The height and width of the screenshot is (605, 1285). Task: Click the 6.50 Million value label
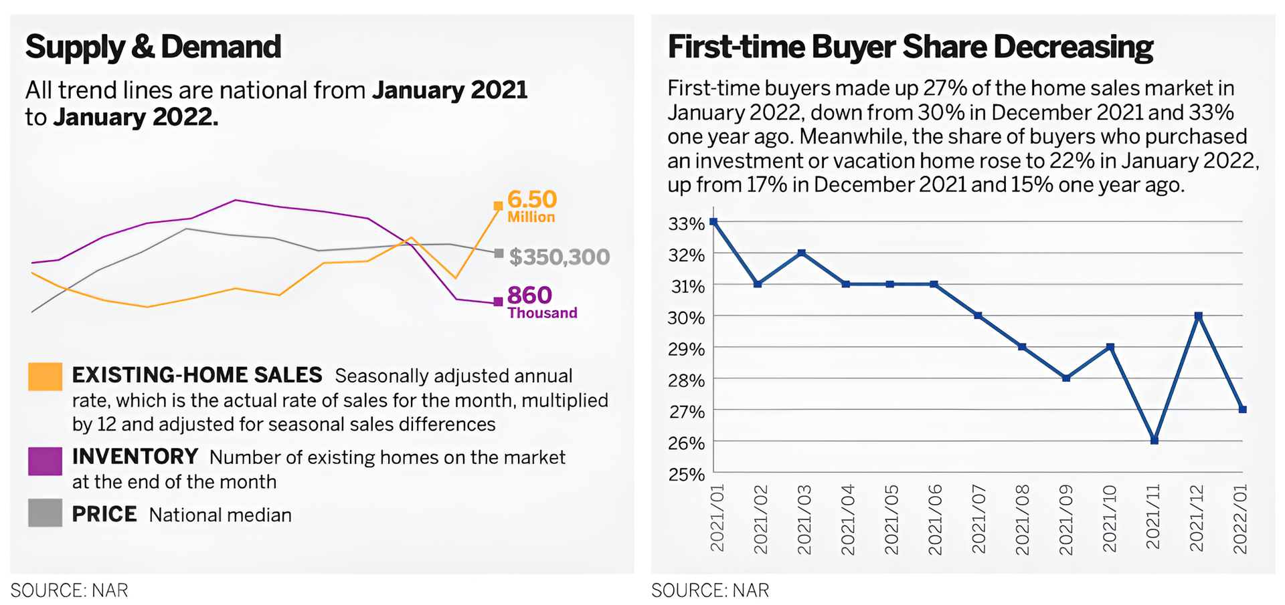click(x=532, y=206)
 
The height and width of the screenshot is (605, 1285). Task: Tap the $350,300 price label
click(x=559, y=257)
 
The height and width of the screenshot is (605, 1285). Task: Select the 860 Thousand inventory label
click(x=541, y=302)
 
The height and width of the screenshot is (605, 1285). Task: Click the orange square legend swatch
click(x=46, y=376)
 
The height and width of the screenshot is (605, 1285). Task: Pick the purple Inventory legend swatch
click(x=46, y=461)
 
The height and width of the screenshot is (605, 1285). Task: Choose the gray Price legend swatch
click(x=46, y=513)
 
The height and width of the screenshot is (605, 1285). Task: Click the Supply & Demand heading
click(x=153, y=47)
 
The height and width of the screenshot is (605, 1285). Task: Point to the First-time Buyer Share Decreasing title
click(x=910, y=47)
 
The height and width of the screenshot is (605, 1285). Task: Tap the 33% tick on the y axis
click(x=687, y=224)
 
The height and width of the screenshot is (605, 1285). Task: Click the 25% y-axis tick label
click(x=687, y=475)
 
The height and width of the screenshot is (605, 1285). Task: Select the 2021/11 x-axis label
click(x=1152, y=518)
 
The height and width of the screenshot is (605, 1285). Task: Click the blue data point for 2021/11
click(x=1154, y=441)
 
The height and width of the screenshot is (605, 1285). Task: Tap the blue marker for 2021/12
click(x=1199, y=316)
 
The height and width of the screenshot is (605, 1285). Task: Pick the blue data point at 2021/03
click(x=802, y=253)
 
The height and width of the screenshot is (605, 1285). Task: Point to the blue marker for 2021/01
click(x=714, y=222)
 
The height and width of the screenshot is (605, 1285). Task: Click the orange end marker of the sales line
click(x=498, y=206)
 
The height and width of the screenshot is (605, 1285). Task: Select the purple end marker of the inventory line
click(x=498, y=302)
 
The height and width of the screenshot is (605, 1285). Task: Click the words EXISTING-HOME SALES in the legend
click(x=197, y=375)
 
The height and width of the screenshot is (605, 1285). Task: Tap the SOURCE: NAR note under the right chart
click(x=710, y=590)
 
